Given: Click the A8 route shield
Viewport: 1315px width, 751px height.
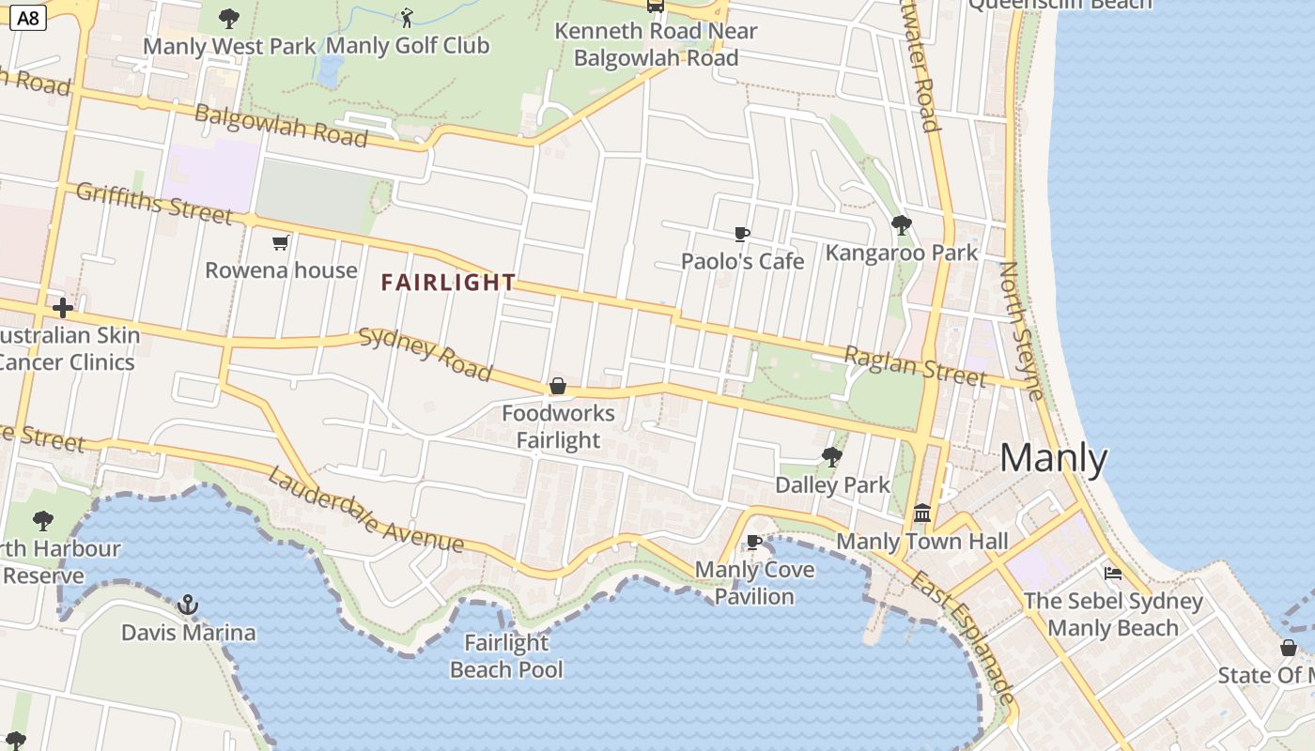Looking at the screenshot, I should (28, 17).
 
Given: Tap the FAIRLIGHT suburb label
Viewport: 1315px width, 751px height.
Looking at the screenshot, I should (448, 282).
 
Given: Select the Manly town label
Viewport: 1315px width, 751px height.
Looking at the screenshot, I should (1053, 458).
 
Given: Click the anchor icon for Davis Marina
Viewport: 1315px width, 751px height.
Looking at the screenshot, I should (189, 605).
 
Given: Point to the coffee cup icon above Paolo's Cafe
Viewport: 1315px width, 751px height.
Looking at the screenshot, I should (742, 234).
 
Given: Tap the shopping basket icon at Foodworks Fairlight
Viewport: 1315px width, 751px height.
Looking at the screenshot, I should (558, 386).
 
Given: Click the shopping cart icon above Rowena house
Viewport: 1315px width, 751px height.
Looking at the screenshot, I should (280, 244).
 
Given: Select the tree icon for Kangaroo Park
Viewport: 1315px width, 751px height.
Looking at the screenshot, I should (902, 225).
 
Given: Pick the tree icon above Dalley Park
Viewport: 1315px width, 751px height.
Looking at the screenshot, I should (831, 457).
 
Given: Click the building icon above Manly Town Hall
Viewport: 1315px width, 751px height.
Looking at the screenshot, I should (922, 513).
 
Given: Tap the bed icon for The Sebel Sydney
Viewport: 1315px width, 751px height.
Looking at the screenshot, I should (1113, 573).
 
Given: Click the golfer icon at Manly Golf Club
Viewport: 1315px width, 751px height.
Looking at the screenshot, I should (407, 17).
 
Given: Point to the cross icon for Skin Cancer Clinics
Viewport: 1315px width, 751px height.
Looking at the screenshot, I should (63, 308).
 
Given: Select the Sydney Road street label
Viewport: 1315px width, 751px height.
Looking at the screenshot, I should (425, 355).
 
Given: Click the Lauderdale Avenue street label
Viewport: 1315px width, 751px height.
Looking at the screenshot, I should (365, 510).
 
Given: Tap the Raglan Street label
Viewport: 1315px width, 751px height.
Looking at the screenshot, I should (915, 366).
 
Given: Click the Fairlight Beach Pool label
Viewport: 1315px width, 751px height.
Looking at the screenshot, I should (506, 656).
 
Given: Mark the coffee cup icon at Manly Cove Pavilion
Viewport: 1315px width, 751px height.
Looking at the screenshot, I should (753, 542).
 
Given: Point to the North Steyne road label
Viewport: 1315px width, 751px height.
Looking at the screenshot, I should (1021, 330).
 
